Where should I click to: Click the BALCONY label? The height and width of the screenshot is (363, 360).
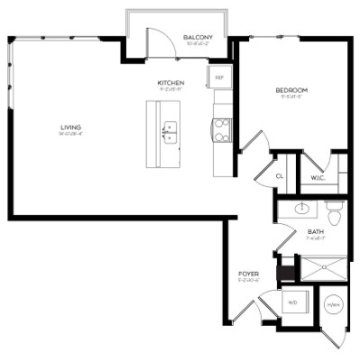(x=197, y=37)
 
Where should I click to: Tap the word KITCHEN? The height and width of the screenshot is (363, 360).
(x=171, y=82)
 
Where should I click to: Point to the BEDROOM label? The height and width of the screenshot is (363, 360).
(x=291, y=90)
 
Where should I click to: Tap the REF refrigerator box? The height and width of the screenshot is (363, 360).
(x=218, y=78)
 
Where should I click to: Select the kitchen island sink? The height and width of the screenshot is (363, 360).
(x=169, y=134)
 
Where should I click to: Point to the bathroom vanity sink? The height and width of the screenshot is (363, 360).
(x=302, y=209)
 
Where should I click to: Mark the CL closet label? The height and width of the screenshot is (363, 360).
(x=280, y=177)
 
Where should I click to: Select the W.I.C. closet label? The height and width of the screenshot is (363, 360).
(x=318, y=177)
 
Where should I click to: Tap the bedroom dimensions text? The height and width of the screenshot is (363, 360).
(x=291, y=98)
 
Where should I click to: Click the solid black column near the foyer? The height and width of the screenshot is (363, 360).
(x=288, y=269)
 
